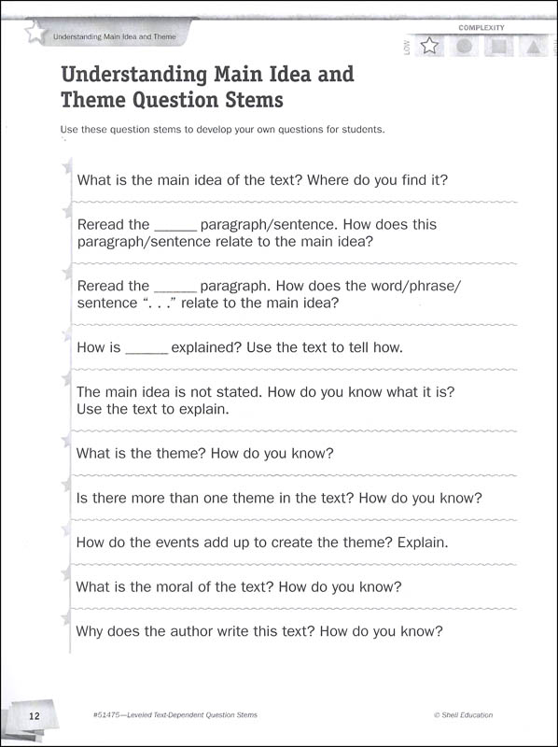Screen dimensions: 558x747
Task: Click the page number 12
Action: [34, 715]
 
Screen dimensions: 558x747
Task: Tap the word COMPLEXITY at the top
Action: [481, 29]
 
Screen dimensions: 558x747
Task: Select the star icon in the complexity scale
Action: [430, 46]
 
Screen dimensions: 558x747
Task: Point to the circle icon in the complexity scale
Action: [464, 46]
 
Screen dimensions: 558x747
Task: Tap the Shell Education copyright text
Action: [463, 715]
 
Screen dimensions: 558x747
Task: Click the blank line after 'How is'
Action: [146, 348]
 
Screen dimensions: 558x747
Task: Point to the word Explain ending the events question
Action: [423, 542]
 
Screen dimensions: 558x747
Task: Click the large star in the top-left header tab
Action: [35, 35]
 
